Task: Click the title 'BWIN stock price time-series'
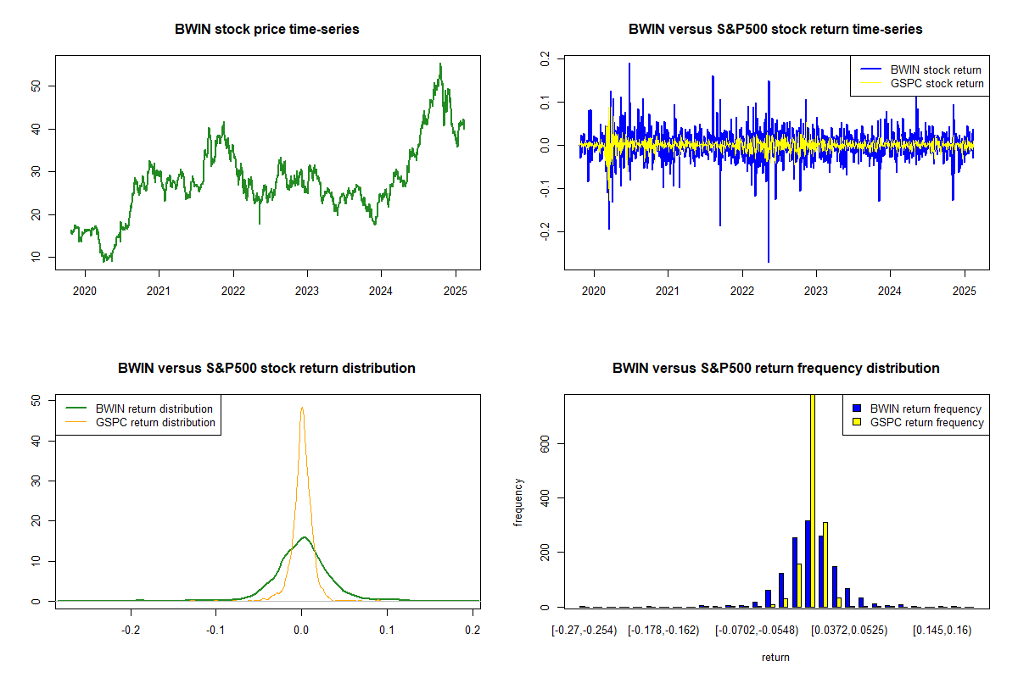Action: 266,30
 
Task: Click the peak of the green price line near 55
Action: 440,64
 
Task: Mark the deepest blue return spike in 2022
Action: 769,261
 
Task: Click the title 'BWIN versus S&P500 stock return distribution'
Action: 266,369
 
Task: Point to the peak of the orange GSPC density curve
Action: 301,408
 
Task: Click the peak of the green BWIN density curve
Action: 303,536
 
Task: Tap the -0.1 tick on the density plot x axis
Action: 215,631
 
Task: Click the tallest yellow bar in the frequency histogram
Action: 813,500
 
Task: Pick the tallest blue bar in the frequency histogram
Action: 808,564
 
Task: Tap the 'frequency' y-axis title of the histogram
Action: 518,502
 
